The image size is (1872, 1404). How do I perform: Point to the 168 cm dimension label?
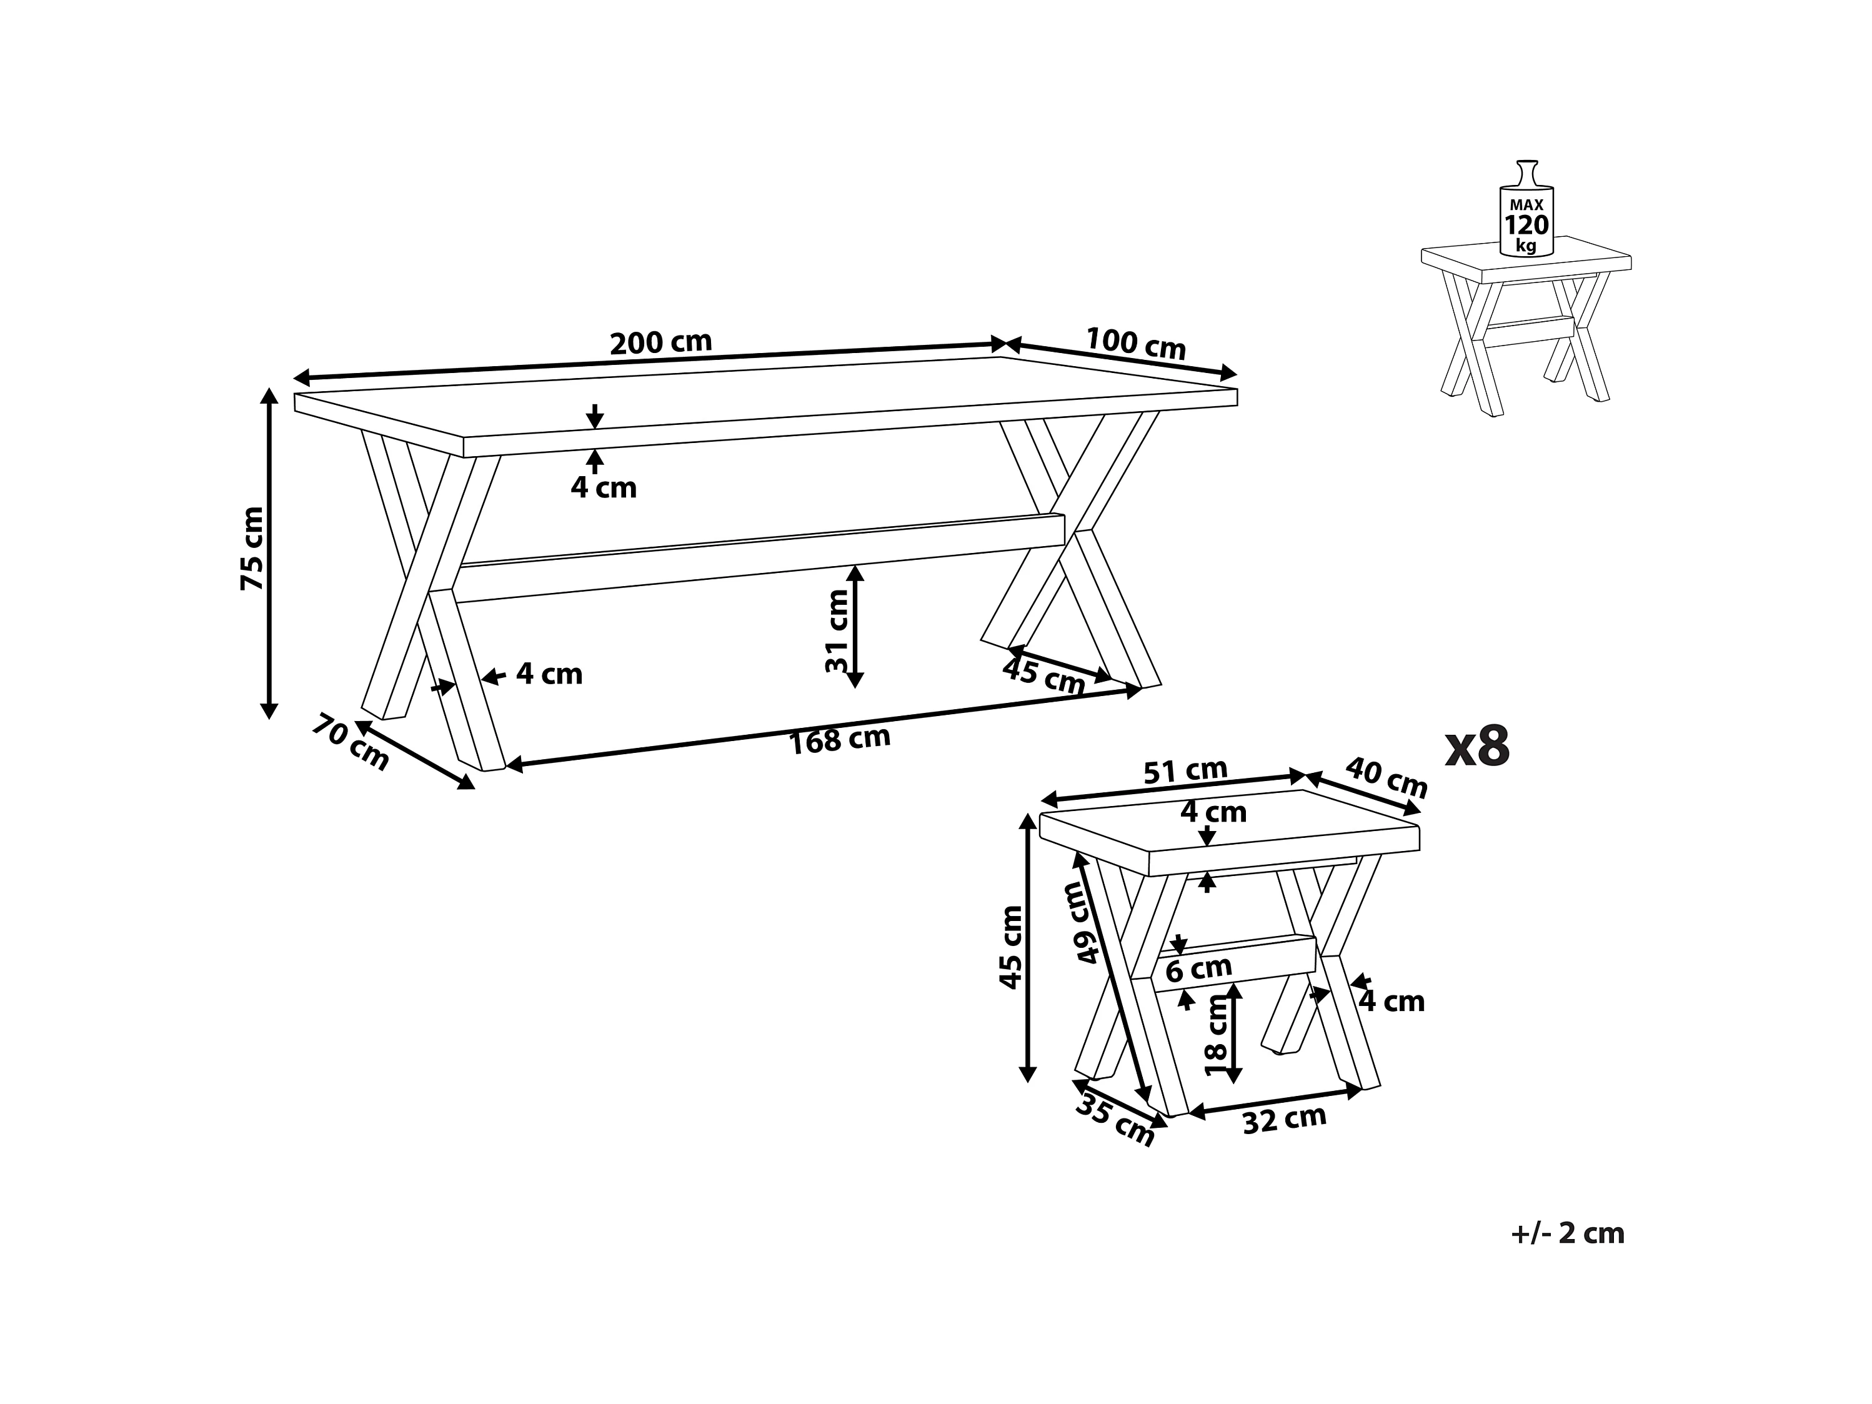click(x=840, y=740)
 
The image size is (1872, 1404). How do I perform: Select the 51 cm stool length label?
click(x=1185, y=771)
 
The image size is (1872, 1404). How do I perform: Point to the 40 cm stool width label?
click(x=1387, y=777)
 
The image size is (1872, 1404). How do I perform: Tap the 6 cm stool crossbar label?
click(x=1198, y=967)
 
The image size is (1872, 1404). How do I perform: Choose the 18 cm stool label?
click(x=1215, y=1034)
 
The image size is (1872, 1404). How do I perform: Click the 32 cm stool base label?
click(x=1284, y=1120)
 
